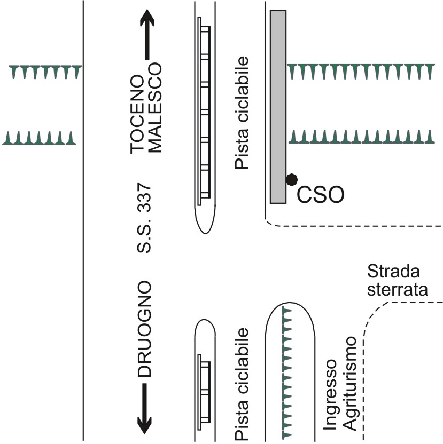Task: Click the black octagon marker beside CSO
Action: [x=292, y=179]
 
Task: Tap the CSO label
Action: [x=321, y=195]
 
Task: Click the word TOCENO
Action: [x=137, y=114]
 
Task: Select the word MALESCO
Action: [x=155, y=108]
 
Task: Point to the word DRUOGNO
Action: [x=144, y=329]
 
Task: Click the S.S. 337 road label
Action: [x=144, y=218]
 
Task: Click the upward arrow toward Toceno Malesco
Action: [x=147, y=34]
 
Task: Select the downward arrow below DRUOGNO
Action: [x=144, y=409]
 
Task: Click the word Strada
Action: [x=393, y=271]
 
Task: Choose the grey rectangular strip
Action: [x=278, y=107]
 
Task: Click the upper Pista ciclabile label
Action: [x=242, y=113]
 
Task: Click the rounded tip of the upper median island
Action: [x=205, y=234]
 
